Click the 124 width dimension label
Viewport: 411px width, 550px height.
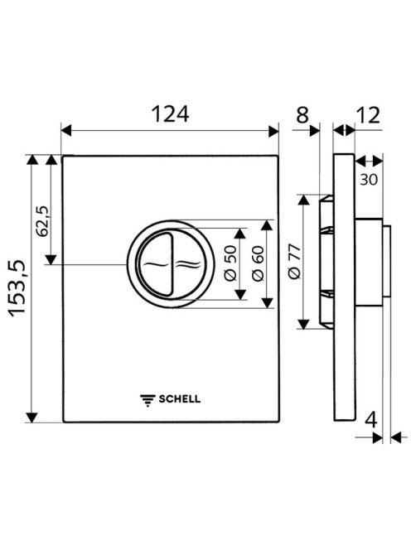pos(170,114)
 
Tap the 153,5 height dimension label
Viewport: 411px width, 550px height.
pos(18,288)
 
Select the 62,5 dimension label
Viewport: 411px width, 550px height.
pos(44,221)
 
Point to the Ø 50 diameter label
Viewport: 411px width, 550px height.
pos(230,263)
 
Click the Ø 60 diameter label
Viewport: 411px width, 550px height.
pos(258,263)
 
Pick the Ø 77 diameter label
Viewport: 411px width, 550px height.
pos(294,261)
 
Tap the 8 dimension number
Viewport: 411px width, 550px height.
pos(302,114)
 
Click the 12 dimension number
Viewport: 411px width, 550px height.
pos(368,114)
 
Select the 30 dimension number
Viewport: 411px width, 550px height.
pos(369,180)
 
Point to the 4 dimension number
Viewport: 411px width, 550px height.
pos(370,419)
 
